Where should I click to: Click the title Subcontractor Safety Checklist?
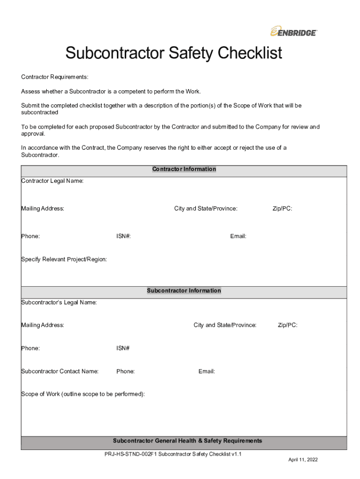173,53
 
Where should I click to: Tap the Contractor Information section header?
184,169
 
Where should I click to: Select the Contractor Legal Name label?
52,181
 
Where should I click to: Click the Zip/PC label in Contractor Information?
282,209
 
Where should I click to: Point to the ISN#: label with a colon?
123,236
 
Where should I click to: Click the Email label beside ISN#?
238,236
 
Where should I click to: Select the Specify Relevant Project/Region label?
64,259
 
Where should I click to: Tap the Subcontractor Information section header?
184,291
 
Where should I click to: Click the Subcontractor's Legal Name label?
59,303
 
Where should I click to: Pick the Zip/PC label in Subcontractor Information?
288,325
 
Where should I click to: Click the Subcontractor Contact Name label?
60,371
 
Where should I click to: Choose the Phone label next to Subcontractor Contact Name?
125,371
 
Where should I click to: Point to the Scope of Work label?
83,394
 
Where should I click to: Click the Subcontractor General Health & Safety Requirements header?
187,441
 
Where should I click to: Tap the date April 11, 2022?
303,460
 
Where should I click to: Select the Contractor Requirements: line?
55,77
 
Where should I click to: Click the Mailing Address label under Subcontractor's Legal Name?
43,325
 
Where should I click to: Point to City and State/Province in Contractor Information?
206,209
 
